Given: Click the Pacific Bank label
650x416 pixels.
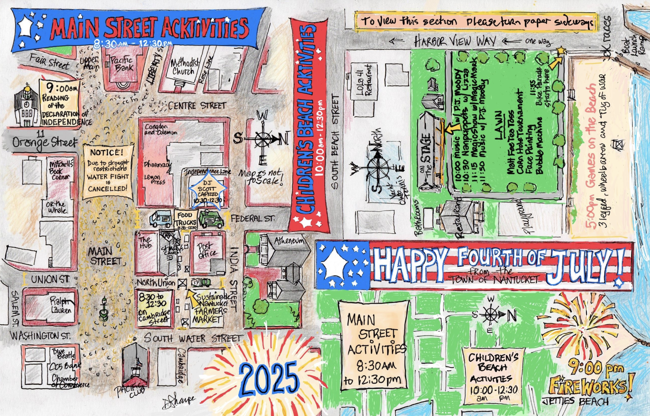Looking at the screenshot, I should [x=122, y=64].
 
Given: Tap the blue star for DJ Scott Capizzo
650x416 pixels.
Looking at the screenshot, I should [x=207, y=191].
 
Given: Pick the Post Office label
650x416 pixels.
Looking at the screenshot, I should [x=207, y=250].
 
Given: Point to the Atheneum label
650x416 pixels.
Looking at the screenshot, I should [x=289, y=241].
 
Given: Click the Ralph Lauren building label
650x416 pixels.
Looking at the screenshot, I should [x=61, y=305].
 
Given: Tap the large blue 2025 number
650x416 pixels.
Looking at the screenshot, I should [x=269, y=378].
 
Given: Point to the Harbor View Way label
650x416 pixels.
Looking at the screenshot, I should [x=455, y=41].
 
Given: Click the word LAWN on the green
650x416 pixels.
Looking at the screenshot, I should [x=499, y=125].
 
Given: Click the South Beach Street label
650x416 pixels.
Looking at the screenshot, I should [x=335, y=142].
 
